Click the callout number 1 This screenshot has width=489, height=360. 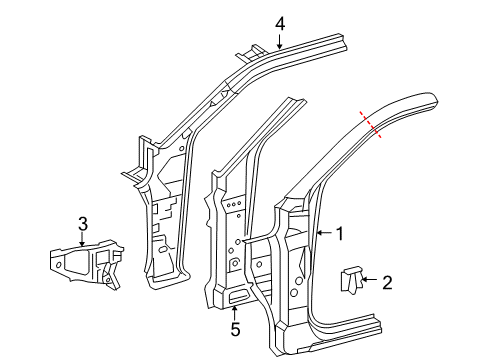click(x=339, y=234)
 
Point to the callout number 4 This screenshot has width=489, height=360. click(x=280, y=22)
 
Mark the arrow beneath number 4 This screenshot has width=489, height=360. click(x=280, y=40)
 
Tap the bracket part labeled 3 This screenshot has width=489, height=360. click(x=80, y=264)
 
